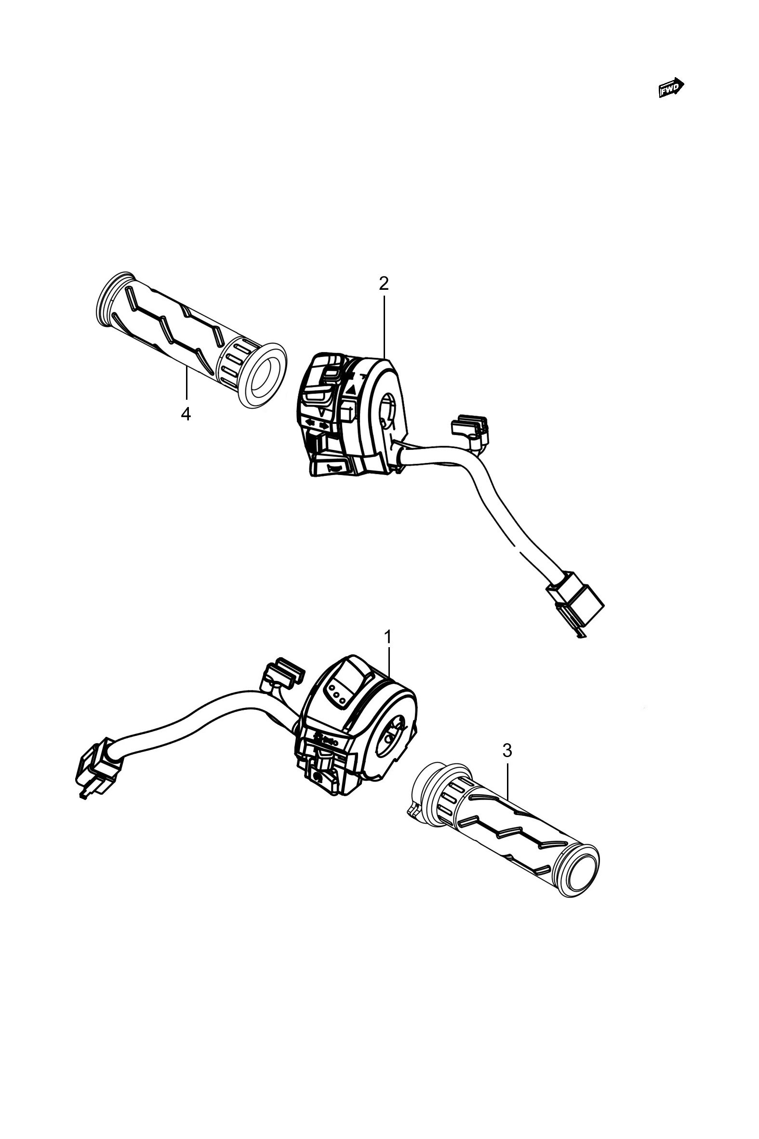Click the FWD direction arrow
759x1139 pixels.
point(671,88)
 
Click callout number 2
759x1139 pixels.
point(384,284)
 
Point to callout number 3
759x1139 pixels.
point(507,751)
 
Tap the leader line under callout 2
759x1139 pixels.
point(385,326)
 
